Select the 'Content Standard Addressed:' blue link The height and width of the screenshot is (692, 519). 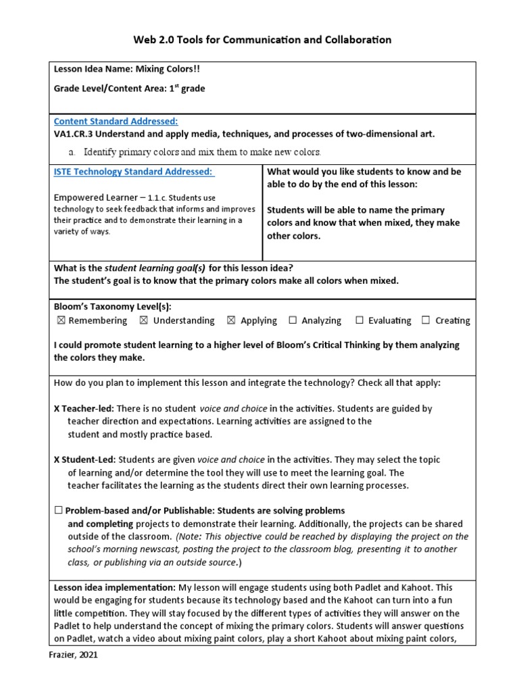pos(116,121)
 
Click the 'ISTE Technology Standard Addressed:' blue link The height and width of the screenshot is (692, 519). pos(134,172)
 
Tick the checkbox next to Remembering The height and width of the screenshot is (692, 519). pos(61,320)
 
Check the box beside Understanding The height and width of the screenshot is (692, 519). pos(144,320)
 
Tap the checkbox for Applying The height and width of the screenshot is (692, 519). pos(231,320)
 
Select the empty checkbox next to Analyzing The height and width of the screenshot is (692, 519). pos(293,320)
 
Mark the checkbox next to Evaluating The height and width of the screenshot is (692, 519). pos(360,320)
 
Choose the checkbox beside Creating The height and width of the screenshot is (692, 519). pos(426,320)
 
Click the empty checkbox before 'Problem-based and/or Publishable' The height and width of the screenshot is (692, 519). pos(58,510)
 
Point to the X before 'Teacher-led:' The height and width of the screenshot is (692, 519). pos(57,409)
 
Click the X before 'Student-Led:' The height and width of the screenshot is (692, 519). pos(57,460)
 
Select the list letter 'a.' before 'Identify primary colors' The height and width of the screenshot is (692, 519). pos(72,151)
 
